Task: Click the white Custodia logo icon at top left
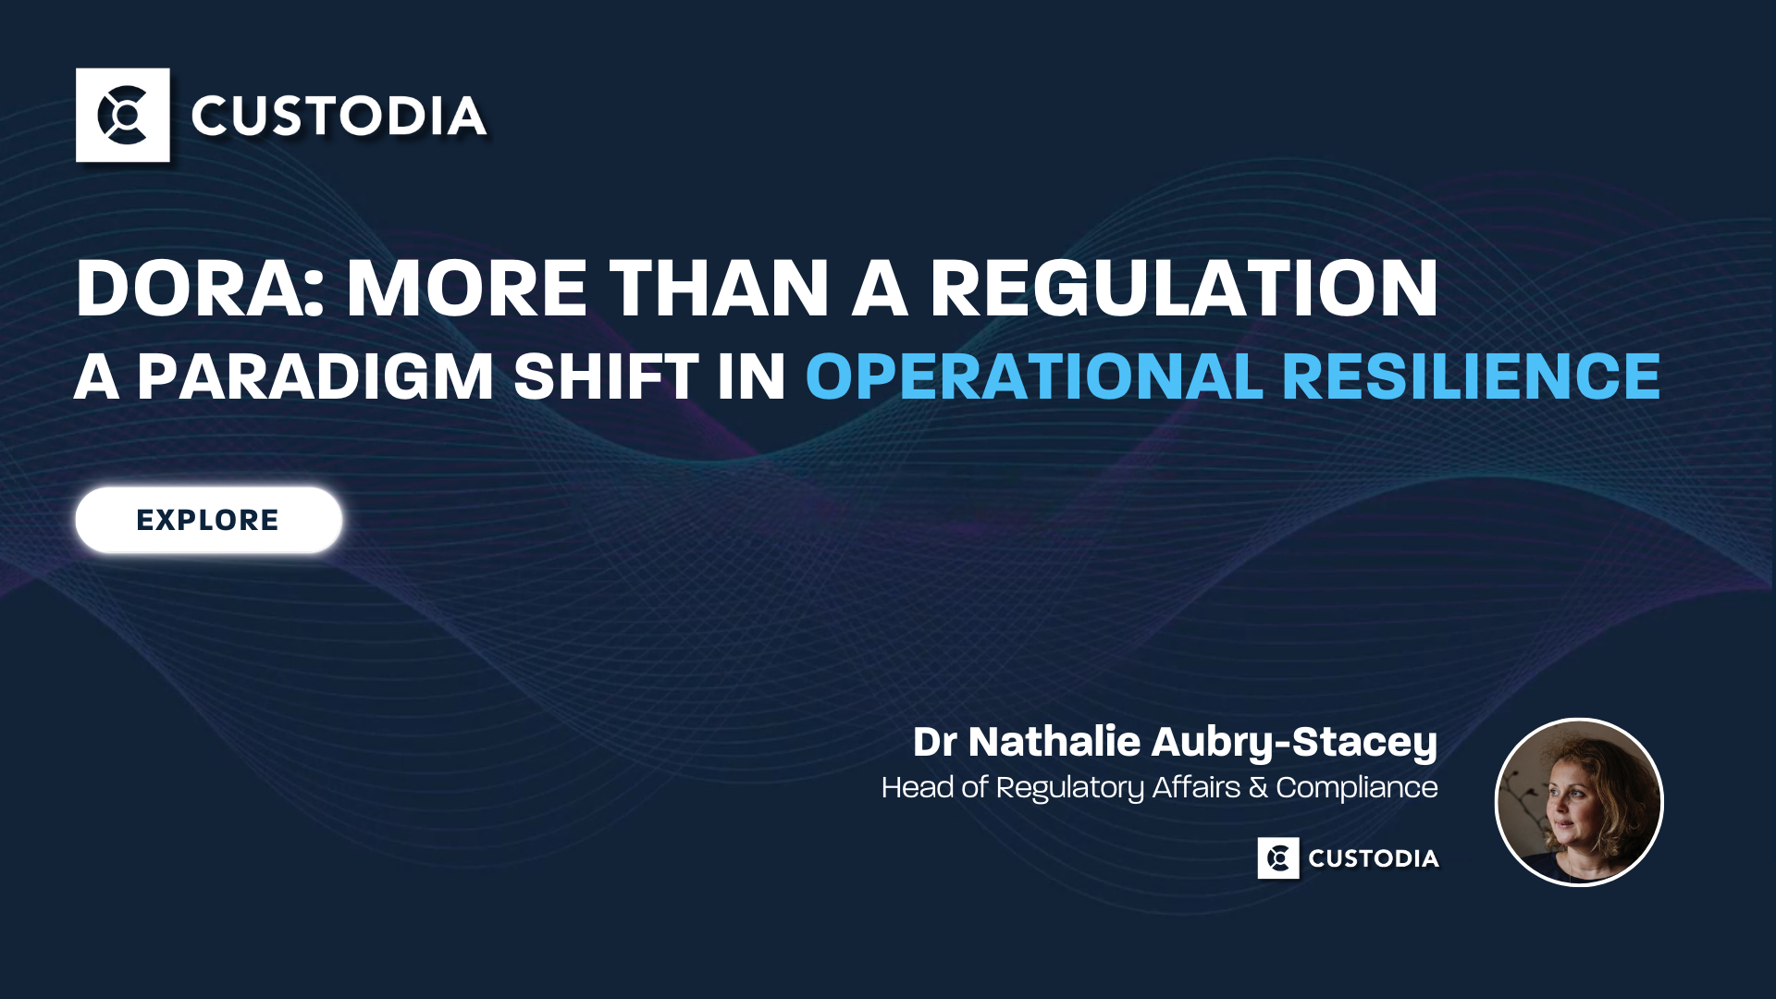[123, 115]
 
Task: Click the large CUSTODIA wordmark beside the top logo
[339, 117]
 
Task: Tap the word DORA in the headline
[200, 288]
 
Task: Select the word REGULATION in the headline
[1184, 288]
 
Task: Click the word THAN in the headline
[718, 288]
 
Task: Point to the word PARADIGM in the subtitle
[315, 376]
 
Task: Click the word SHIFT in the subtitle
[606, 376]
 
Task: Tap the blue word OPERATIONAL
[1034, 376]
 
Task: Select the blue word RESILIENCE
[1472, 376]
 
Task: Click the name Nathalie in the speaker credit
[1054, 741]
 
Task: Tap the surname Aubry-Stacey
[1295, 743]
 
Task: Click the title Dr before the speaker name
[935, 742]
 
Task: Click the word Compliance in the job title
[1357, 788]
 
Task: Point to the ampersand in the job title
[1258, 788]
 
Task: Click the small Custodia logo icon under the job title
[1278, 858]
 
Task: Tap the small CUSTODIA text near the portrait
[1374, 858]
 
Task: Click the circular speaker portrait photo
[1579, 802]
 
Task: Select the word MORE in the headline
[467, 288]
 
